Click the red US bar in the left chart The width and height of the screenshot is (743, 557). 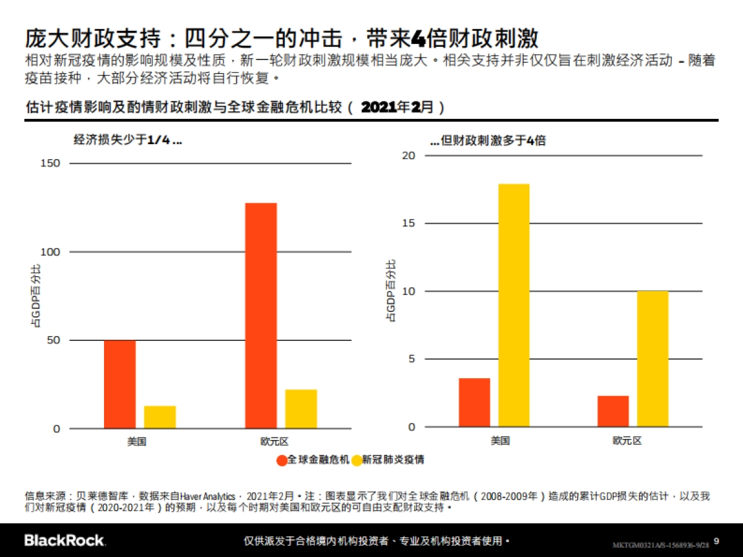[119, 384]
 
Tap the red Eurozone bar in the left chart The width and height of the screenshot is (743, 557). [261, 316]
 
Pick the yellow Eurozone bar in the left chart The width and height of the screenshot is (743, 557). [301, 408]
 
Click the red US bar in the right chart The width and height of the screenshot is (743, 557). [474, 402]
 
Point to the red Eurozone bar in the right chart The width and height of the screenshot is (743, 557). [613, 411]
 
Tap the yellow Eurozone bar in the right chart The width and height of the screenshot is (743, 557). [653, 359]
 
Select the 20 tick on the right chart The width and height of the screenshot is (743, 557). [408, 155]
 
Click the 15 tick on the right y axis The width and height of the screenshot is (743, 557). [408, 223]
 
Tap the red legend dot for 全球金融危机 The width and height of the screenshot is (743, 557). [282, 460]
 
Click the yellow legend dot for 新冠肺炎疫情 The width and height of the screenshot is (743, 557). [357, 460]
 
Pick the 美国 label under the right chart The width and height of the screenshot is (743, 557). [500, 441]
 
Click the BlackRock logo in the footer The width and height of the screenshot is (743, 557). [64, 540]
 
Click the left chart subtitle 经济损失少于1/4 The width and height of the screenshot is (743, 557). [128, 140]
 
